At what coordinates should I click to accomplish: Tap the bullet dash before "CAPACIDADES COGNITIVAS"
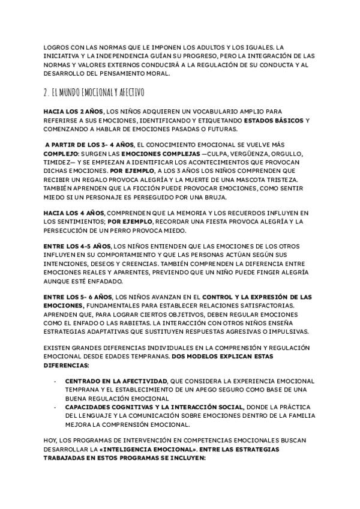pos(55,407)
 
